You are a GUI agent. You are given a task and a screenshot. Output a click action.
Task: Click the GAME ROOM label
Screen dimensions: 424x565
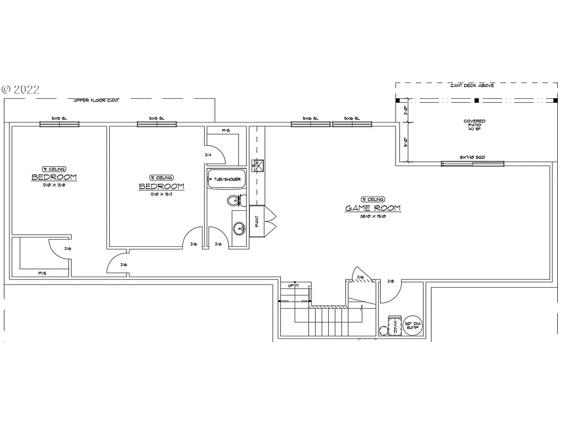click(x=373, y=209)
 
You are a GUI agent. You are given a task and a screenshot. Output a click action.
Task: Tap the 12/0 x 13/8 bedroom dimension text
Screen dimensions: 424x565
click(x=54, y=185)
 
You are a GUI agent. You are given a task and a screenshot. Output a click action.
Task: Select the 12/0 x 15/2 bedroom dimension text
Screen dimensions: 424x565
click(x=161, y=194)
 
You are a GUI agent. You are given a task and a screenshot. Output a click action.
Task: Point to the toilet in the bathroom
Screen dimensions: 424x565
click(x=234, y=200)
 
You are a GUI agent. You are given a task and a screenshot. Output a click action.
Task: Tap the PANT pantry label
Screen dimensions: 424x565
click(x=256, y=221)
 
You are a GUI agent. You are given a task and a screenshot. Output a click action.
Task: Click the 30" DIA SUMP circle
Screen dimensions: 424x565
click(x=412, y=325)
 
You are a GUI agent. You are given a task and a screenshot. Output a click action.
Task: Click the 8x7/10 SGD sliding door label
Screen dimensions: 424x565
click(x=472, y=157)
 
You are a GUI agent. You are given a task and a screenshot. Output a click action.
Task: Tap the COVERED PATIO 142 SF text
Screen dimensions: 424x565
click(x=475, y=125)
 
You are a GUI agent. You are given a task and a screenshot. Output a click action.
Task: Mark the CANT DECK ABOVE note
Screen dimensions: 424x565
click(x=472, y=86)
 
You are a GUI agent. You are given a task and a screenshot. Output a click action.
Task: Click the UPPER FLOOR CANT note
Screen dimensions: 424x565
click(x=97, y=100)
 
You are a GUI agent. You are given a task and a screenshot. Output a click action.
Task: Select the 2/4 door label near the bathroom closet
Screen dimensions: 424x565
click(x=209, y=155)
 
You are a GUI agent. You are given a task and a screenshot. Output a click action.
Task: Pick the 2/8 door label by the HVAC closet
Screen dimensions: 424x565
click(x=391, y=281)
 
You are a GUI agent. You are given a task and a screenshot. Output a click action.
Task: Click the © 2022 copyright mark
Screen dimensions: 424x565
click(x=21, y=89)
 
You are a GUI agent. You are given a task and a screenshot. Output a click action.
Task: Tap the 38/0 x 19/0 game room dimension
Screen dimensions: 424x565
click(x=373, y=217)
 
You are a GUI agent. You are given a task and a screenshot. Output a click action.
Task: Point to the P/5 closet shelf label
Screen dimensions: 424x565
click(x=41, y=273)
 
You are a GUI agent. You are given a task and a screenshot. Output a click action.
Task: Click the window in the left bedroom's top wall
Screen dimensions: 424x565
click(x=59, y=124)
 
